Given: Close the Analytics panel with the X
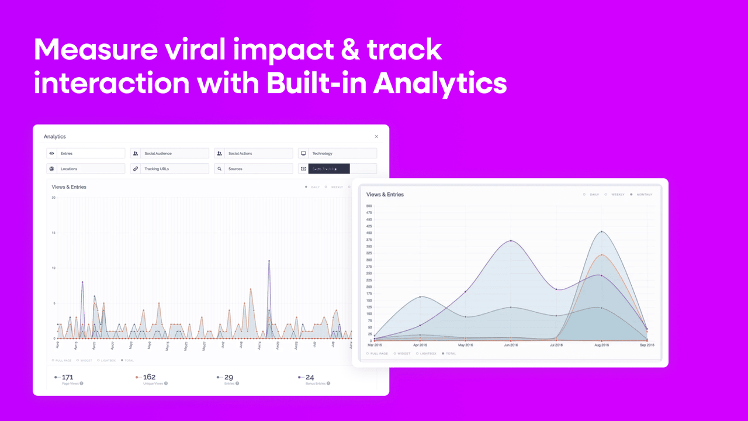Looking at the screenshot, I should pyautogui.click(x=376, y=137).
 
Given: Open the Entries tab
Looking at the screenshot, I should pyautogui.click(x=86, y=153).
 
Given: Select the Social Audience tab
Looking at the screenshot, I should pyautogui.click(x=169, y=153).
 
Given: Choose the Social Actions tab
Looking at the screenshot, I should pyautogui.click(x=253, y=153).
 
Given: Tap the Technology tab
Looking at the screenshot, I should pyautogui.click(x=337, y=153).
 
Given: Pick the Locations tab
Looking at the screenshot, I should pyautogui.click(x=86, y=169).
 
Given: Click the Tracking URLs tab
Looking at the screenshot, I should pyautogui.click(x=169, y=169).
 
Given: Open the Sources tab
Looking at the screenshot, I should pyautogui.click(x=253, y=169).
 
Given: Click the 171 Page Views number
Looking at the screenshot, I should pyautogui.click(x=67, y=377).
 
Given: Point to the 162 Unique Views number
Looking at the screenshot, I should pyautogui.click(x=149, y=377).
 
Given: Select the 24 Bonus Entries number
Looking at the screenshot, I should pyautogui.click(x=310, y=377).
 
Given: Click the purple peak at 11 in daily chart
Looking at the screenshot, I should pyautogui.click(x=269, y=261).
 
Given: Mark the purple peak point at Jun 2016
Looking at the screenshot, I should pyautogui.click(x=511, y=241).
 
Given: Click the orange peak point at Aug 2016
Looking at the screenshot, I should pyautogui.click(x=601, y=255).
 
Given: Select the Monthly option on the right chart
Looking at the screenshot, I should pyautogui.click(x=644, y=194).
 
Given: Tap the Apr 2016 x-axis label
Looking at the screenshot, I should pyautogui.click(x=420, y=346).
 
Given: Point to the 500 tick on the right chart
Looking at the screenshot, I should pyautogui.click(x=369, y=206).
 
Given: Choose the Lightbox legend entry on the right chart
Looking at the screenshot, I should pyautogui.click(x=428, y=354).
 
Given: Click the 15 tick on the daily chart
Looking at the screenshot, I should pyautogui.click(x=54, y=233).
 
